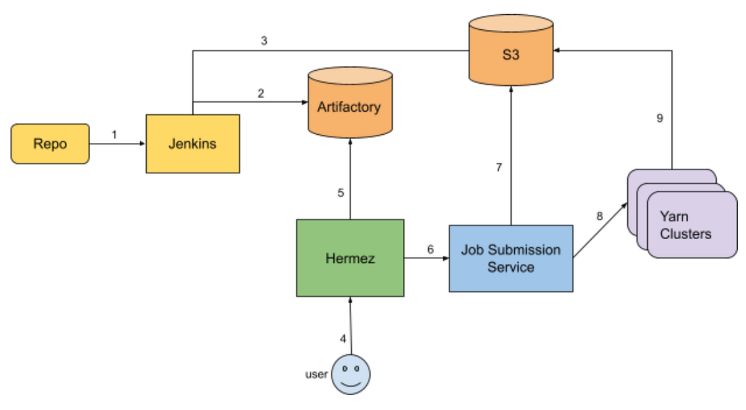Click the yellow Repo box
(x=50, y=143)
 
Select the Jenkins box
(x=193, y=143)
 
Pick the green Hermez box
(x=350, y=258)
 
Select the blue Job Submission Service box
(x=510, y=258)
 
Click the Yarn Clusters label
(x=686, y=225)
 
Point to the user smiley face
(x=351, y=375)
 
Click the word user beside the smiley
(x=316, y=375)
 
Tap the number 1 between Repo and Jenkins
(x=114, y=134)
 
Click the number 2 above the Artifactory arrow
(x=260, y=93)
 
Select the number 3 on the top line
(x=264, y=42)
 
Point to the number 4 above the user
(x=343, y=339)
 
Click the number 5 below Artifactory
(x=341, y=193)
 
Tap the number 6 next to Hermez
(x=430, y=249)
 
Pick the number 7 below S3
(x=499, y=167)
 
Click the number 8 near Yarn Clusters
(x=599, y=216)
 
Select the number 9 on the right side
(x=660, y=118)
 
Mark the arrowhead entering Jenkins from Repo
(x=142, y=143)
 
